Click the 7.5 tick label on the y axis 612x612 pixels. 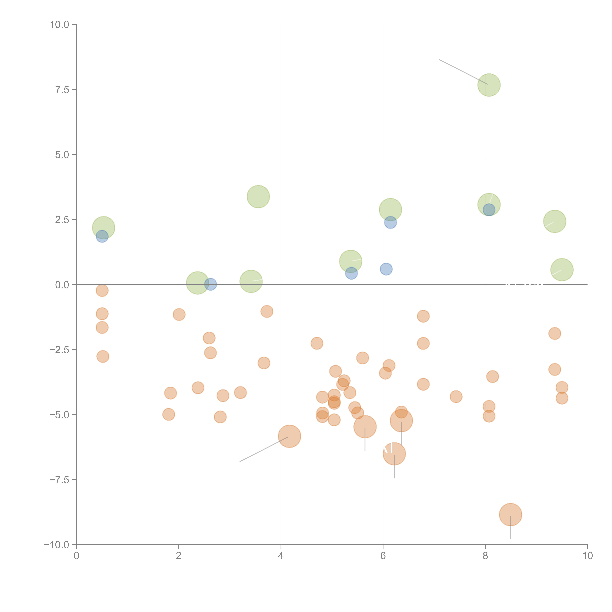point(62,90)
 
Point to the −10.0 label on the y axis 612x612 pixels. point(56,545)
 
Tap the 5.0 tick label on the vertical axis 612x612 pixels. point(62,155)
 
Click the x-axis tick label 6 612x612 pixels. point(383,556)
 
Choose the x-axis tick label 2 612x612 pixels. point(179,556)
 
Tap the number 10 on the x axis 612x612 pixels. point(587,556)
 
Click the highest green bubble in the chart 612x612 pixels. point(489,85)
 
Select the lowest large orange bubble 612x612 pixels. point(510,514)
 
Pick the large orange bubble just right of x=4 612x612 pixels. point(289,436)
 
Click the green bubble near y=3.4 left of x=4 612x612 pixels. point(258,197)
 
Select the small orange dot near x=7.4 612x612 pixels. point(456,396)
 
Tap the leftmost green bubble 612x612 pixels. point(104,228)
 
